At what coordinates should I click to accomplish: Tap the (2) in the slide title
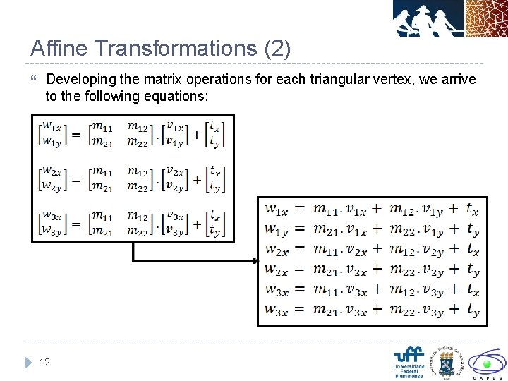tap(276, 48)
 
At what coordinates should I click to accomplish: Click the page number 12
tap(44, 362)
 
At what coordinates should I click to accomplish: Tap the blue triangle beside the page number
tap(28, 363)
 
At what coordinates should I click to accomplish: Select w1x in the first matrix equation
tap(51, 127)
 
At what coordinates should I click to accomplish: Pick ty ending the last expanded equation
tap(473, 309)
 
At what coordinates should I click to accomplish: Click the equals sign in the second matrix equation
tap(75, 179)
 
